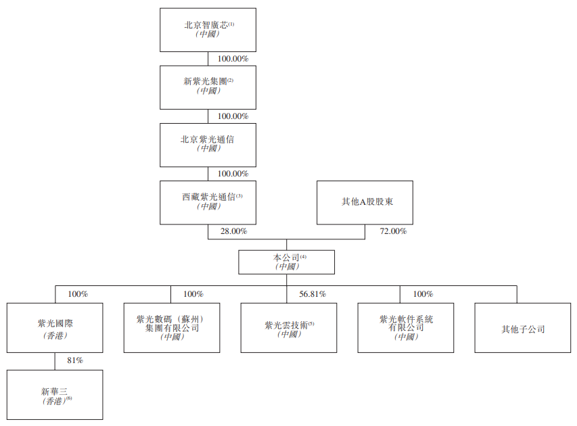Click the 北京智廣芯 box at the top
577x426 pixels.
pos(208,30)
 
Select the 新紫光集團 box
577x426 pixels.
pos(208,87)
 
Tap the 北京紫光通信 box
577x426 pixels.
pos(208,144)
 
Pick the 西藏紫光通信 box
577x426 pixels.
pos(208,202)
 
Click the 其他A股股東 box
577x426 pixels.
pos(365,202)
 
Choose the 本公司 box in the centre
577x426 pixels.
pos(286,262)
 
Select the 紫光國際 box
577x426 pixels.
pos(55,327)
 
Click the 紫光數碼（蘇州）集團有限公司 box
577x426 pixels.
pos(172,327)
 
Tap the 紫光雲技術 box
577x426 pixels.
pos(289,327)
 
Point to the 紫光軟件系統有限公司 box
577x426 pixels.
pos(406,327)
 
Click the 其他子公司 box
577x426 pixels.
pos(523,329)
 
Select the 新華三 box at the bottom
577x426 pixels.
pos(55,394)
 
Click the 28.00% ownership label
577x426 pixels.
pos(233,231)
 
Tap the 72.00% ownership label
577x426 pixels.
pos(393,231)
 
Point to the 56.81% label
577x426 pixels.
pos(313,294)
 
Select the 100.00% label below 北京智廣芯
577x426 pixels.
pos(233,59)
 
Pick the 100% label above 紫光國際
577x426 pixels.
pos(78,294)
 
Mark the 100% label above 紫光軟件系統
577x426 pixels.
pos(423,294)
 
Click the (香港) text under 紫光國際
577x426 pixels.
pos(55,335)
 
